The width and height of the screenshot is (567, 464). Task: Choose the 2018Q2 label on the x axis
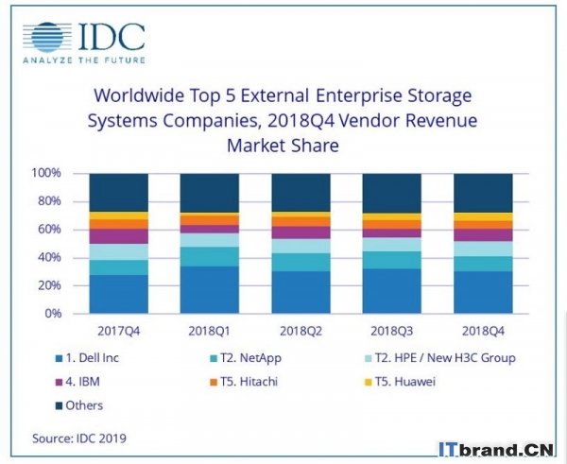[x=302, y=332]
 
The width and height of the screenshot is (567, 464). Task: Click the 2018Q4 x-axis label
[x=484, y=332]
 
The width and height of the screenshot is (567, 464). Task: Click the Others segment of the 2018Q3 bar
[x=393, y=193]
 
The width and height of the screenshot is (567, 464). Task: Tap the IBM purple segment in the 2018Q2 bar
[x=302, y=232]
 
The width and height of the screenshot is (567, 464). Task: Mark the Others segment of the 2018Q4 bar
[x=484, y=193]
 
